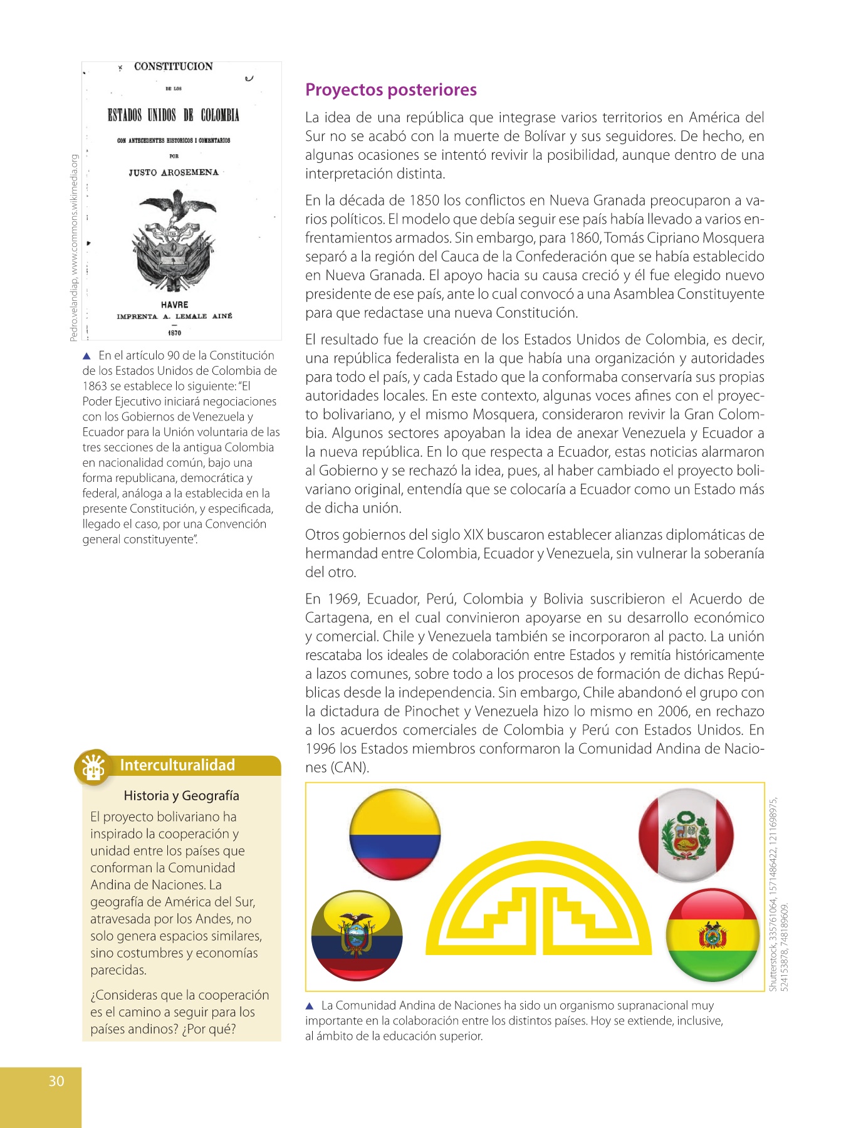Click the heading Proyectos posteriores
click(390, 90)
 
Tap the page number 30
click(56, 1080)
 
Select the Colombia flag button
click(395, 834)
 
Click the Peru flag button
click(686, 835)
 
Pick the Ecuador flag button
click(357, 935)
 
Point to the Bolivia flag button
click(713, 935)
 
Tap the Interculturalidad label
click(177, 765)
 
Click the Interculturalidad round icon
click(93, 766)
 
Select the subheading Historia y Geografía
click(181, 796)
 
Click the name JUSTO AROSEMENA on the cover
click(174, 172)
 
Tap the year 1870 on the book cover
click(174, 333)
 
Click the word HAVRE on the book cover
click(174, 305)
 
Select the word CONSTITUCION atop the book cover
click(173, 66)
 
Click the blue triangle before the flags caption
click(309, 1006)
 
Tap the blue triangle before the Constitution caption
click(87, 356)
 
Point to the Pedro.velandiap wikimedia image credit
click(73, 248)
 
